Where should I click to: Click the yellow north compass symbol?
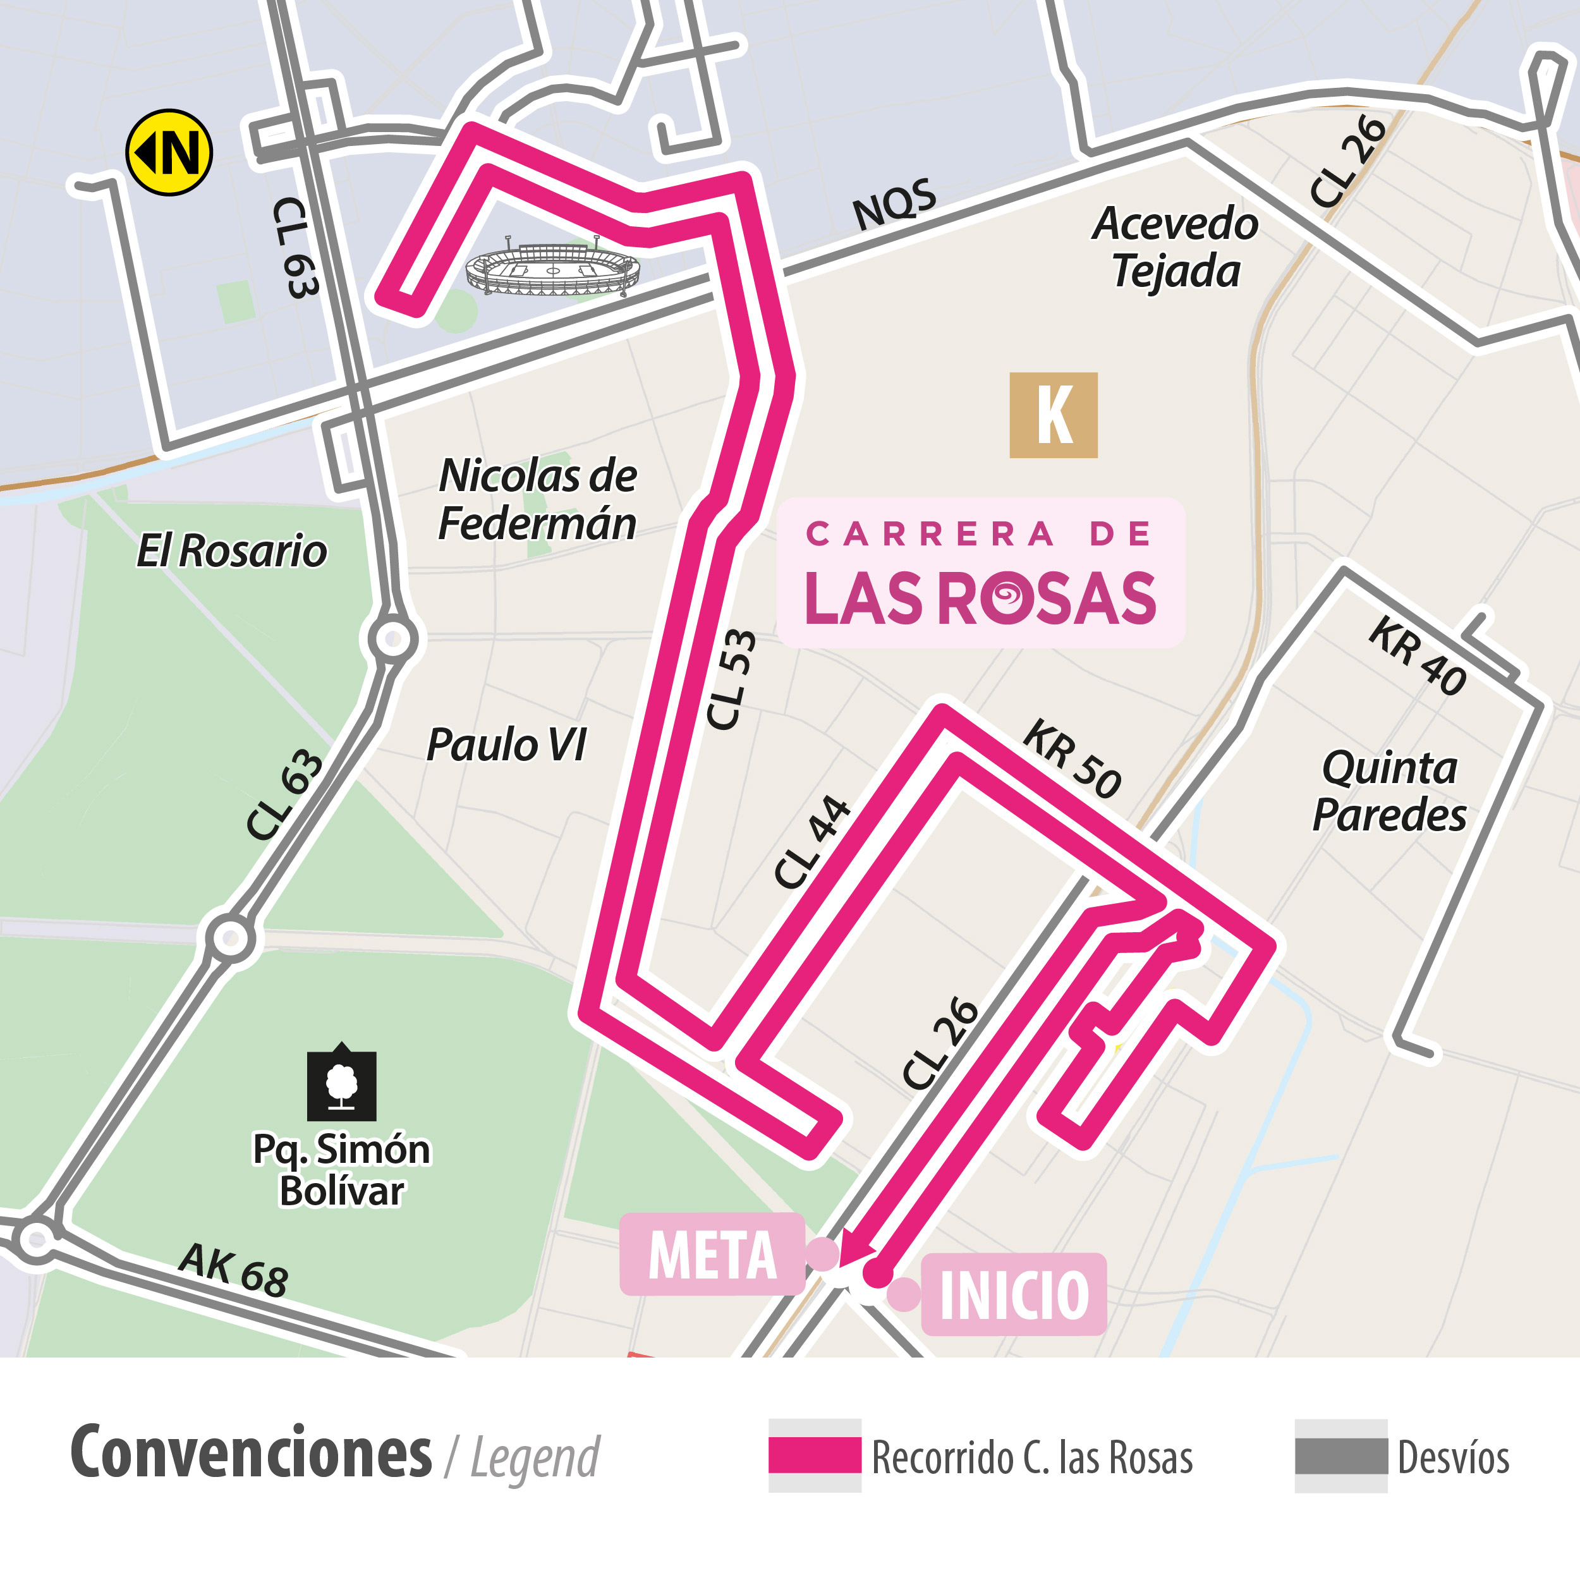point(169,152)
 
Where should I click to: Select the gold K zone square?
point(1054,415)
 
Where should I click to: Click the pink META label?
point(712,1255)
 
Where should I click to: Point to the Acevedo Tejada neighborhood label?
point(1175,247)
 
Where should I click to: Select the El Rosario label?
point(231,550)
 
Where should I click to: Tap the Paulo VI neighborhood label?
point(506,744)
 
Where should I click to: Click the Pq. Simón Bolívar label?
point(341,1169)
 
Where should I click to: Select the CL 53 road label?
point(731,679)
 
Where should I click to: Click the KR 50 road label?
point(1072,759)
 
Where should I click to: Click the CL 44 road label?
point(811,842)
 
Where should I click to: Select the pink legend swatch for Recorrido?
point(815,1455)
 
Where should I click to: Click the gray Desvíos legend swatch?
point(1340,1455)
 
